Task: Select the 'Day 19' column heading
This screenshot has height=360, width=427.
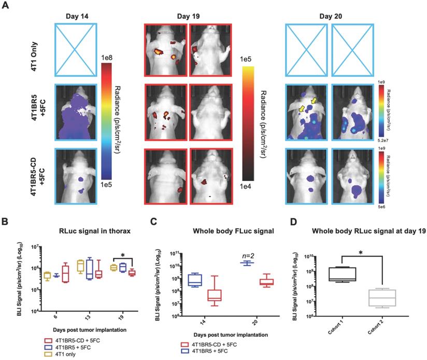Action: [x=178, y=16]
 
